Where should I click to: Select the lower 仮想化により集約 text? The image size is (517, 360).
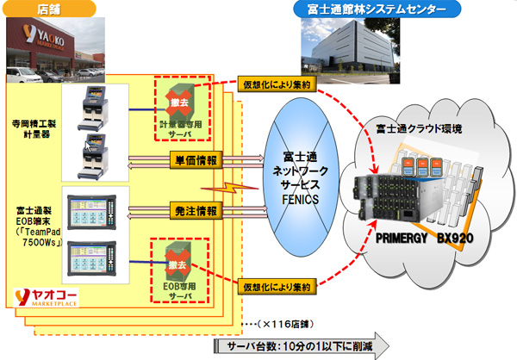[276, 282]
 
